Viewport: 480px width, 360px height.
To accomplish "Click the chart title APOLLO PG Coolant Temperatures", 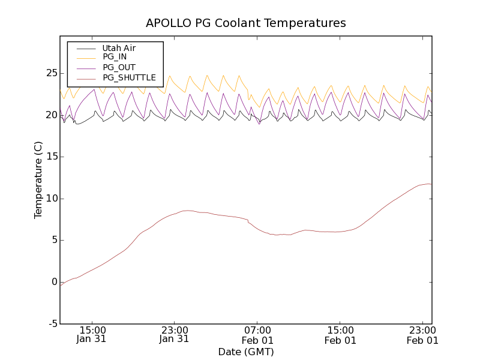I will click(x=246, y=23).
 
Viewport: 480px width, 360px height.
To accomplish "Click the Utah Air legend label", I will click(x=119, y=48).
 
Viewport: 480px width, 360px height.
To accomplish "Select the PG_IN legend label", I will click(x=115, y=57).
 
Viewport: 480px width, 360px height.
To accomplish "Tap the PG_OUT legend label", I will click(x=119, y=67).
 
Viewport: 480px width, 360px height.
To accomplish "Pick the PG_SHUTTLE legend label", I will click(x=129, y=77).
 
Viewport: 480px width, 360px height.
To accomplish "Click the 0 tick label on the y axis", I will click(x=53, y=282).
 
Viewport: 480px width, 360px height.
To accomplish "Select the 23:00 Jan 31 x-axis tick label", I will click(x=174, y=334).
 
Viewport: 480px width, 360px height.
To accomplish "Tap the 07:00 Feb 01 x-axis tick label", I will click(x=257, y=334).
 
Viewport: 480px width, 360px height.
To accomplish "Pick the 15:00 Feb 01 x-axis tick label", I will click(x=340, y=334).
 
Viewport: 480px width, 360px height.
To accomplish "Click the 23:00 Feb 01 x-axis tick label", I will click(x=422, y=334).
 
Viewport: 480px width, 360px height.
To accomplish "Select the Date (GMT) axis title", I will click(x=246, y=352).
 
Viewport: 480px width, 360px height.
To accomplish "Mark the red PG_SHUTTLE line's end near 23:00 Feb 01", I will click(x=430, y=184).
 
